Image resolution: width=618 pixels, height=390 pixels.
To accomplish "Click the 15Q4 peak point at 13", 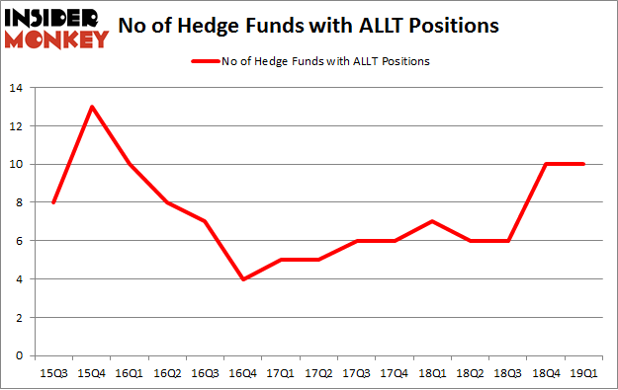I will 91,107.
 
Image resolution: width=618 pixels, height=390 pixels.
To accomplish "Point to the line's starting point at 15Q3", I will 52,202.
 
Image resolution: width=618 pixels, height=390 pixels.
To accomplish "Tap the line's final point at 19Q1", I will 584,164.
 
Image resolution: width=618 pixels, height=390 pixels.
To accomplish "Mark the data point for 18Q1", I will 433,221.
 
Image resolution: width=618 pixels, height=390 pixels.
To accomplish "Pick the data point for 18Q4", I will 547,164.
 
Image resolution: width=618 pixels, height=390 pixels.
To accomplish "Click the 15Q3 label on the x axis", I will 52,372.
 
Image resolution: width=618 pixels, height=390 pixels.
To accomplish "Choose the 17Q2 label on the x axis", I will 319,372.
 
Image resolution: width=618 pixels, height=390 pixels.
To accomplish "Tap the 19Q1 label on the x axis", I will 584,372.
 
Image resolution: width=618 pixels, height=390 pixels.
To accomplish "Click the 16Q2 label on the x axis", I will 167,372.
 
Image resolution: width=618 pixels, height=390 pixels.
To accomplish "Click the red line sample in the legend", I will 206,60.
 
